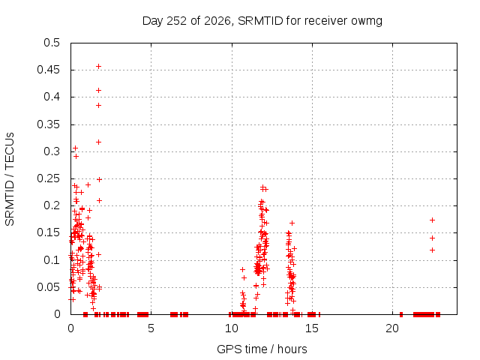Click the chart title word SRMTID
click(x=260, y=21)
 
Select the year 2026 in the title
click(x=217, y=21)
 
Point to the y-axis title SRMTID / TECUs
click(x=10, y=179)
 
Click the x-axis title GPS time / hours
click(x=262, y=349)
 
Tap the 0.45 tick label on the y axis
click(x=48, y=70)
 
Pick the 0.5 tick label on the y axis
click(x=52, y=43)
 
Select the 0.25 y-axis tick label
click(x=48, y=178)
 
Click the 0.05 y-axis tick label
click(x=48, y=287)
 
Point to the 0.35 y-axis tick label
click(x=48, y=124)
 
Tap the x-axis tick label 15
click(x=312, y=328)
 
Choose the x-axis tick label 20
click(x=392, y=328)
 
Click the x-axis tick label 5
click(x=151, y=328)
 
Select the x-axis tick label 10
click(x=232, y=328)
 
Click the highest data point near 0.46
click(x=98, y=67)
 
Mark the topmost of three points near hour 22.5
click(x=432, y=220)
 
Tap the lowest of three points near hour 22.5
click(x=432, y=250)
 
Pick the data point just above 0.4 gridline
click(x=98, y=90)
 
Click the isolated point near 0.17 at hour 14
click(x=292, y=223)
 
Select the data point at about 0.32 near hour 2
click(x=98, y=142)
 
